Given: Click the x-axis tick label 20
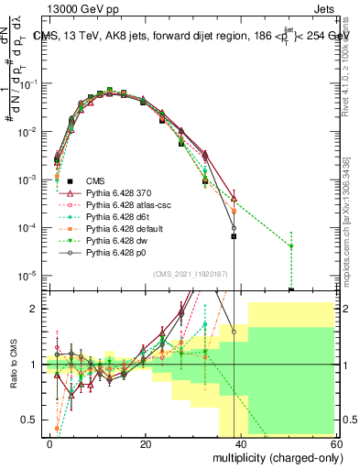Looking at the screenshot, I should click(146, 442).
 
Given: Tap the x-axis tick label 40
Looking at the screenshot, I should click(241, 442).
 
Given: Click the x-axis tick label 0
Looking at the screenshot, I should click(50, 442).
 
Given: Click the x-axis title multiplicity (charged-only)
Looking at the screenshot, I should click(275, 456).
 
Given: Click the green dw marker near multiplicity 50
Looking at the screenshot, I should click(290, 246).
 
